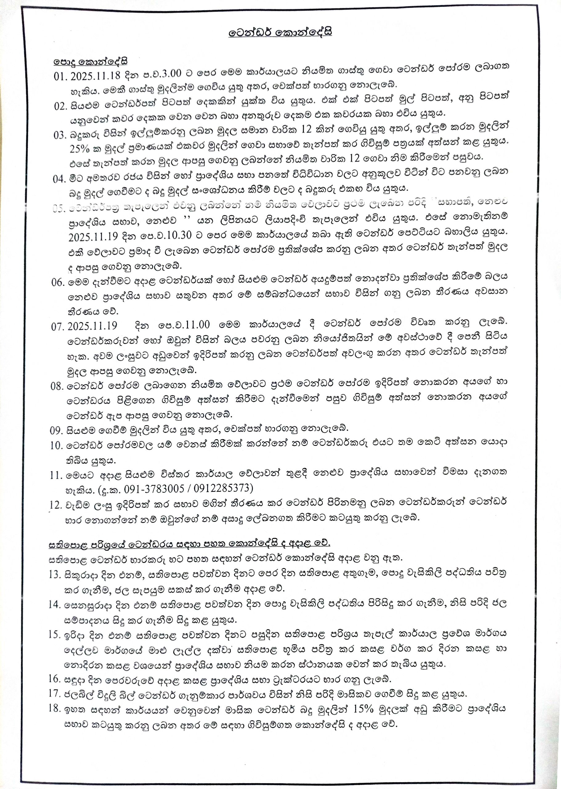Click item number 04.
point(59,179)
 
